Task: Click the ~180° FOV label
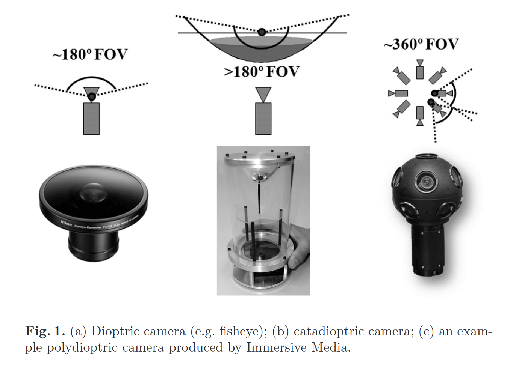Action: [90, 55]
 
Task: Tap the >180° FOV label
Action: [262, 72]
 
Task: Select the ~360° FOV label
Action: [421, 45]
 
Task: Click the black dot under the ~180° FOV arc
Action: [91, 97]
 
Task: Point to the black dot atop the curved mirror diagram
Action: [262, 32]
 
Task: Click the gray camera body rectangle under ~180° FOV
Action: [91, 119]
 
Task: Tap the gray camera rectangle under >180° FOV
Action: [263, 119]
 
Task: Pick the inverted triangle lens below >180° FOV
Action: [263, 94]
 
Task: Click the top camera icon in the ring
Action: [420, 70]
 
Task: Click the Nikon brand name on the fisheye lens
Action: [66, 223]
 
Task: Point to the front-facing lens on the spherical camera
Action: [426, 182]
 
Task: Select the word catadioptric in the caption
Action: [329, 332]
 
